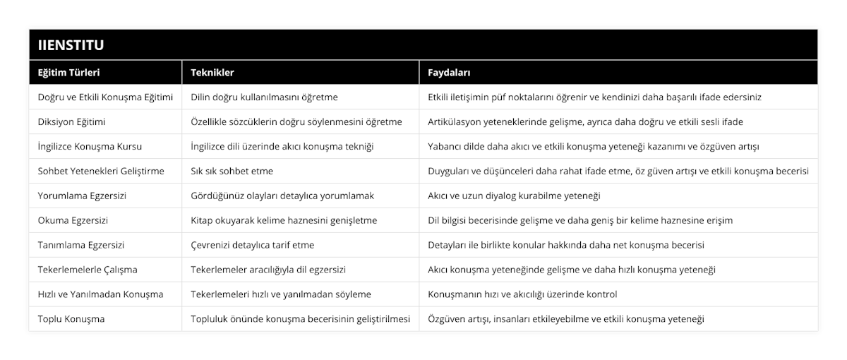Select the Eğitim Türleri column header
pos(68,73)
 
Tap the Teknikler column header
pos(212,73)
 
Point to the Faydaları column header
pos(450,73)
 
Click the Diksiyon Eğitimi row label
pos(71,121)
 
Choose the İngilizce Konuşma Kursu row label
pos(90,146)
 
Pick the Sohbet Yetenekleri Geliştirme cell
pos(101,171)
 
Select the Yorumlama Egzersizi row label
pos(82,196)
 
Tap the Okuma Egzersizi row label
pos(73,220)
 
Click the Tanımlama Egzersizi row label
pos(81,245)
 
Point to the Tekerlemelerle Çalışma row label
pos(88,270)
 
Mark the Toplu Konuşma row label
pos(71,319)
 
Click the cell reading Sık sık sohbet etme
pos(232,171)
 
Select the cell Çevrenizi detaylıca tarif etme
pos(253,245)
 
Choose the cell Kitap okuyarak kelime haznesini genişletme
pos(284,220)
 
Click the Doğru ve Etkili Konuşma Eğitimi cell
pos(105,97)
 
